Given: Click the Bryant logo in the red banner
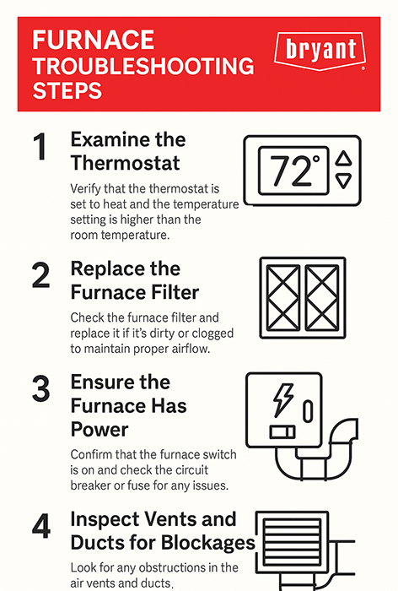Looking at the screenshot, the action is [x=320, y=52].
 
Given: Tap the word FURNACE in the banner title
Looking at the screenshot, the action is [x=94, y=40].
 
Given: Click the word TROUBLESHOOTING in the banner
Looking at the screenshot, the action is [x=143, y=66].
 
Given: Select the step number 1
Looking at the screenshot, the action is [x=40, y=147].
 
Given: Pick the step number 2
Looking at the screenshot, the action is [x=40, y=275].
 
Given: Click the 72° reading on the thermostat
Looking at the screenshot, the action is [x=294, y=171].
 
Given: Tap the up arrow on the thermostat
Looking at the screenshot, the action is [x=343, y=159].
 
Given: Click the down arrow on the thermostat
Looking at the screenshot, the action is [x=343, y=181].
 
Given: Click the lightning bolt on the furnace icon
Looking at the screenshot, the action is [x=282, y=399].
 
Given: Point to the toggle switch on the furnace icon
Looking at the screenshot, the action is [x=282, y=432].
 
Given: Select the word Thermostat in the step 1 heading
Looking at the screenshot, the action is [x=125, y=163].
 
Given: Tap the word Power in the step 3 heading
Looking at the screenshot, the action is [x=99, y=429].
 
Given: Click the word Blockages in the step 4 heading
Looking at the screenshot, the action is [x=208, y=543].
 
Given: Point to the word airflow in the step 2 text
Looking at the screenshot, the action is [x=191, y=349].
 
